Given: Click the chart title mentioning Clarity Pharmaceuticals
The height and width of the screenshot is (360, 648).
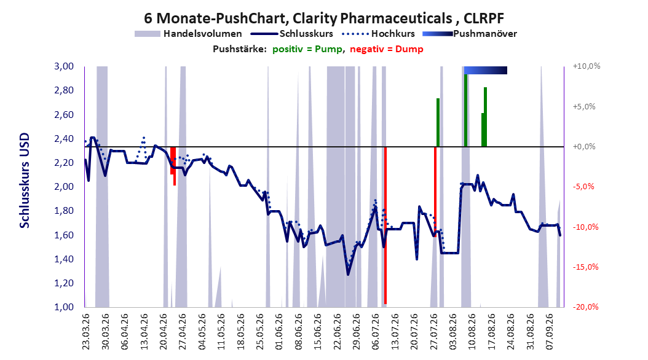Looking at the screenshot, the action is [x=324, y=18].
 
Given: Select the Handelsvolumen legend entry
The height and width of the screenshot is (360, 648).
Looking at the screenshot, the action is [x=189, y=34].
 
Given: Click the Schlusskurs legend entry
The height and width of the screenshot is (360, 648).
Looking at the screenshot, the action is [x=292, y=34].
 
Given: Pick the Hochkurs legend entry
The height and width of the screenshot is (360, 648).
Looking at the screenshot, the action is [x=378, y=34].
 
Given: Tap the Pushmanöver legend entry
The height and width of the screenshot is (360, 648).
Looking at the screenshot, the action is [x=470, y=34].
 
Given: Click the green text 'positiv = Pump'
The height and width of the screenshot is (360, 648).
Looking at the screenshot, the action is [x=307, y=49].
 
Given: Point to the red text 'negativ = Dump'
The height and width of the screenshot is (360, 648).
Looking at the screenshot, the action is [x=387, y=49].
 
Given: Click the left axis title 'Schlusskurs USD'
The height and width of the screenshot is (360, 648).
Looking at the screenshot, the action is [x=25, y=181].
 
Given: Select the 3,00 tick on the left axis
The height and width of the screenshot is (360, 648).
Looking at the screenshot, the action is [x=64, y=66].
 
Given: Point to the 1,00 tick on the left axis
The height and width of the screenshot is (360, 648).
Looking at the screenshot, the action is [x=64, y=307].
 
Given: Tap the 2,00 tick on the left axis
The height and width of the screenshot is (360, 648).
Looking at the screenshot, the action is [x=64, y=187].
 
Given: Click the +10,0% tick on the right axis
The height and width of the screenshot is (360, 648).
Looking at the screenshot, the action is [x=587, y=66].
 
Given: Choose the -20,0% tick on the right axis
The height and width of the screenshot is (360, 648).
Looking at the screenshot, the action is [x=585, y=307].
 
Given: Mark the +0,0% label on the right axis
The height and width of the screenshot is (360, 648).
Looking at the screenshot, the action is [x=584, y=147].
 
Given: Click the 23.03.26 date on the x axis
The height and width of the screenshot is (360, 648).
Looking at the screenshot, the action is [x=85, y=332].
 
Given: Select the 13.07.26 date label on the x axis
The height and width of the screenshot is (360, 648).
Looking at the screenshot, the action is [x=395, y=332].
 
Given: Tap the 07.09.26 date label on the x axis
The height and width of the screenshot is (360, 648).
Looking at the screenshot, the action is [x=549, y=332].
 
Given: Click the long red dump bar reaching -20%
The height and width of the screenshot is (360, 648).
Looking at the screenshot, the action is [x=385, y=225].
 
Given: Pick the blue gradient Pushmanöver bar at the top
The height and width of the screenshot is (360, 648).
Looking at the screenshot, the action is [x=486, y=70].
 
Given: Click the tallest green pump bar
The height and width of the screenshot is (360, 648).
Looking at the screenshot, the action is [x=466, y=110].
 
